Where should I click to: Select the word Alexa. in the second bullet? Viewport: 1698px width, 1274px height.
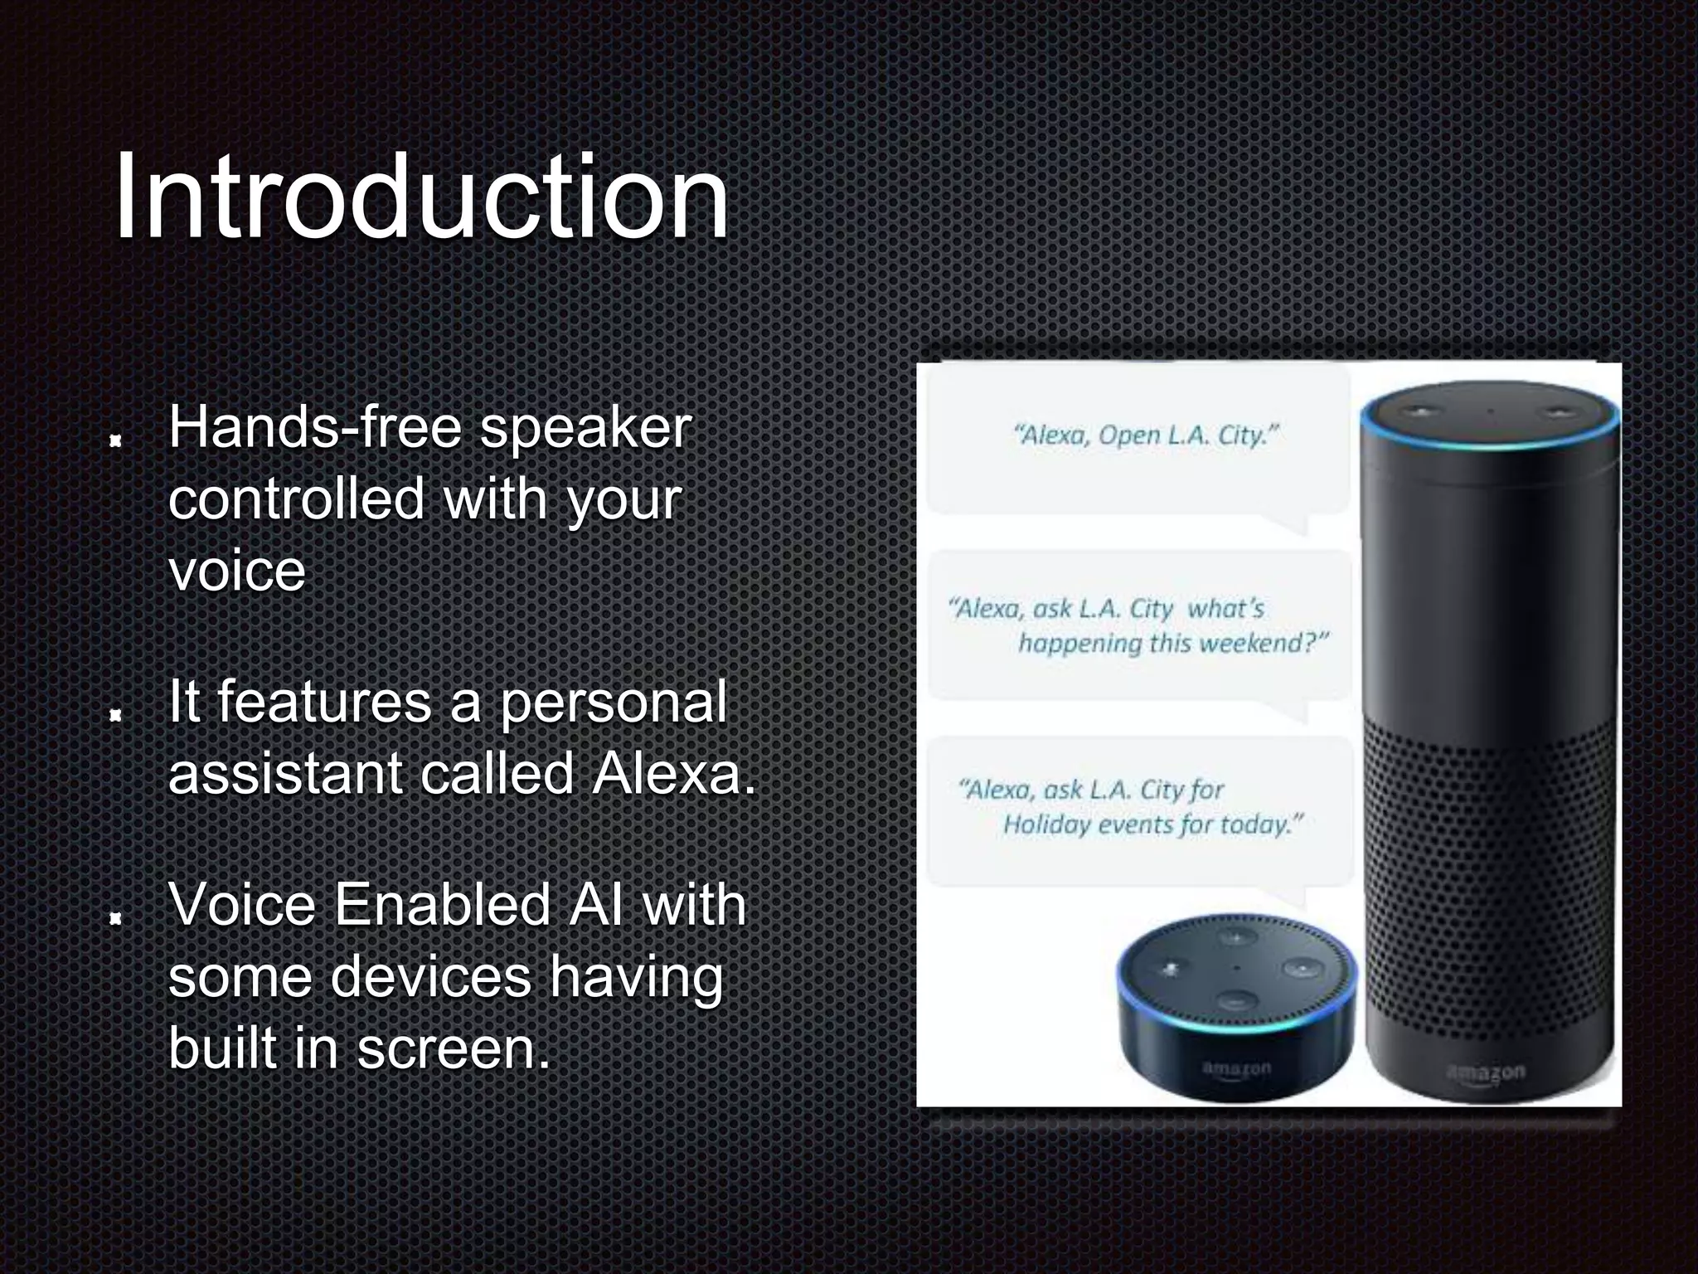pos(673,773)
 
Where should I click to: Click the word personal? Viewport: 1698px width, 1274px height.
pos(613,702)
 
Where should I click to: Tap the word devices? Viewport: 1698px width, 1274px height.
pos(431,976)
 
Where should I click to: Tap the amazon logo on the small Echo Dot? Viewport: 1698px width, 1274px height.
pos(1235,1068)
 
